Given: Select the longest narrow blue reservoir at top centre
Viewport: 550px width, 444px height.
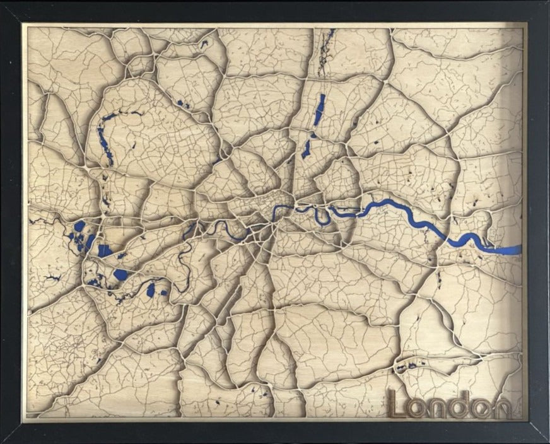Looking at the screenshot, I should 320,111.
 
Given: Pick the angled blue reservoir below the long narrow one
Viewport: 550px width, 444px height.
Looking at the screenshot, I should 307,149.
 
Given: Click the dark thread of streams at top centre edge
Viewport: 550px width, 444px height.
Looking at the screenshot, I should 325,50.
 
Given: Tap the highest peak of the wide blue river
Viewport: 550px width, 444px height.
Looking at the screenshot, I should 386,202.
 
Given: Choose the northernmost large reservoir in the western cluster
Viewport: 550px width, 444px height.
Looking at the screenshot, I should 79,226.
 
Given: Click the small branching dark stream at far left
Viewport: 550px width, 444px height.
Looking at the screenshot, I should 39,220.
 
